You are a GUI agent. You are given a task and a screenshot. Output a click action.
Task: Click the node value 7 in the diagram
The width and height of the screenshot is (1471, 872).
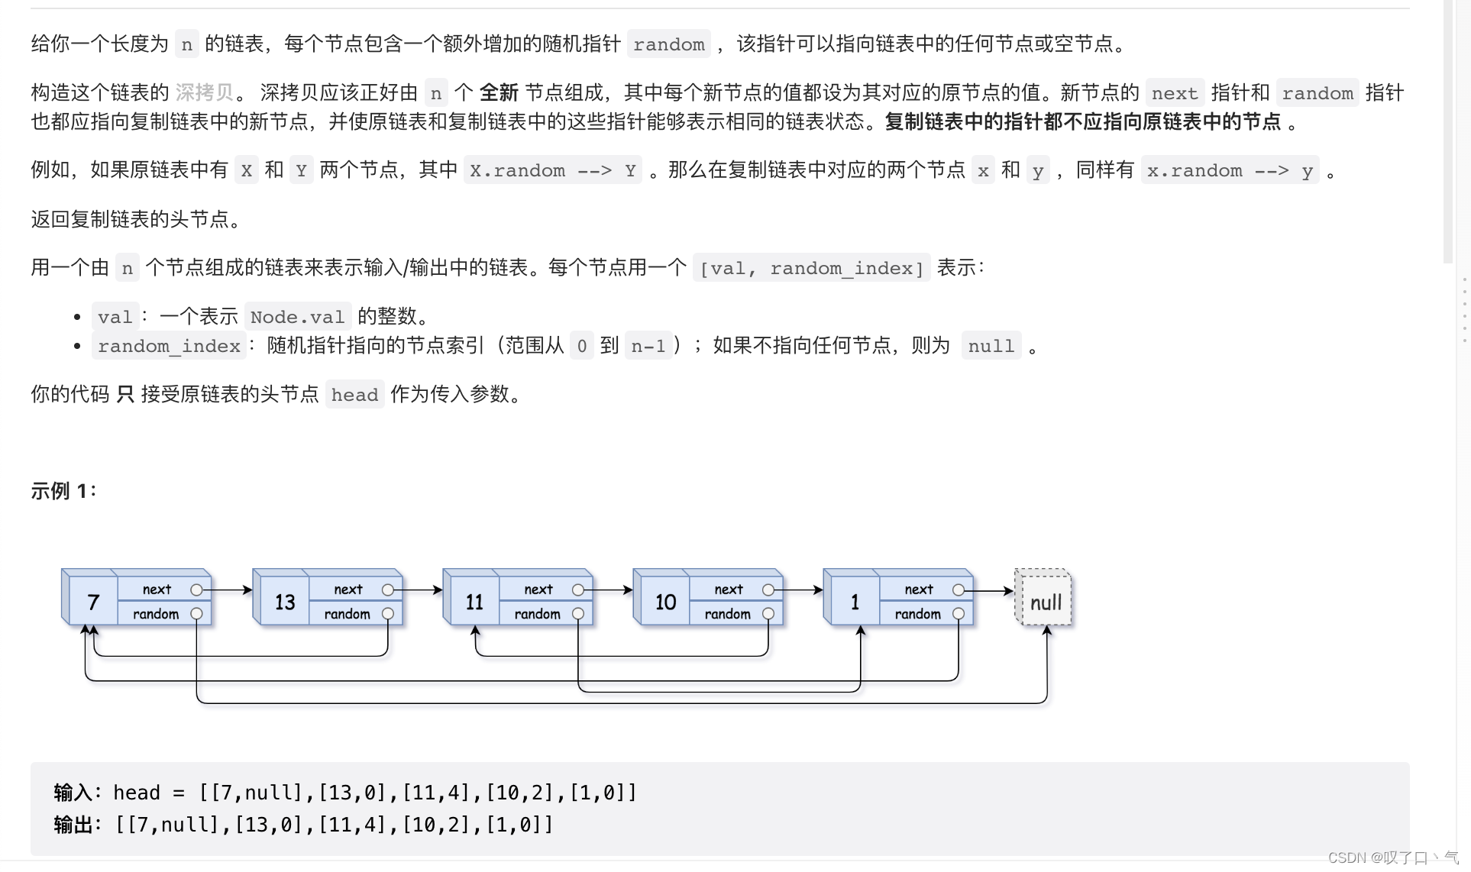coord(93,602)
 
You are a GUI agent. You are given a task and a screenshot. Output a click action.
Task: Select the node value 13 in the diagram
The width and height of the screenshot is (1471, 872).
coord(285,602)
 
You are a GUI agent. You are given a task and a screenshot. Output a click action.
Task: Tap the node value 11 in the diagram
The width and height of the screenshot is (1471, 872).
coord(474,602)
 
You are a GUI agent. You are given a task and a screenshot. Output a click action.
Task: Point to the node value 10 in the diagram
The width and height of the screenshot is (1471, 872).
coord(665,602)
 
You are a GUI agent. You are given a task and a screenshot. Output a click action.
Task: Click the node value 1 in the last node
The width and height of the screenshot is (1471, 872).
coord(855,602)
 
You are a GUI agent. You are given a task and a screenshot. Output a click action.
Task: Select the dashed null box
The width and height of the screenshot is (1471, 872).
coord(1044,599)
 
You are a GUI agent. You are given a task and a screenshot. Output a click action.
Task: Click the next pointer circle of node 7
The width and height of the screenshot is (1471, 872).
coord(197,589)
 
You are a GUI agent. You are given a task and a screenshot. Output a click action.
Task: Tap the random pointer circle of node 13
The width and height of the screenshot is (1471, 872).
coord(388,614)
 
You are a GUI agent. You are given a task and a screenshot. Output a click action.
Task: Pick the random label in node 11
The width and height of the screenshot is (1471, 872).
coord(537,614)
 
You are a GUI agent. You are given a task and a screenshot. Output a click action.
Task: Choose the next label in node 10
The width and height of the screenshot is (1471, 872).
coord(729,589)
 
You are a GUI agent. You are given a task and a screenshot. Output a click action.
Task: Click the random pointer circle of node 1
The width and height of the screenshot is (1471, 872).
coord(959,614)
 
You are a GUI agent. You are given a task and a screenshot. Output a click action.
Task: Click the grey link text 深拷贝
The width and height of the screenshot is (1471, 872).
coord(204,93)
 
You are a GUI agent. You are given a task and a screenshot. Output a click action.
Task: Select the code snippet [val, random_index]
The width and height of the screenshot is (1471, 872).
coord(811,268)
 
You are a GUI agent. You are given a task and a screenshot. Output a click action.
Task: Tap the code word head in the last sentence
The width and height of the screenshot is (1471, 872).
coord(354,395)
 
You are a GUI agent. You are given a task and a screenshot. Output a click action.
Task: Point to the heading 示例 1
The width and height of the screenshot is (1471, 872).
coord(63,491)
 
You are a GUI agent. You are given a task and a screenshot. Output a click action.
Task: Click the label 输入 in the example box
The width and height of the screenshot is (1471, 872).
coord(73,793)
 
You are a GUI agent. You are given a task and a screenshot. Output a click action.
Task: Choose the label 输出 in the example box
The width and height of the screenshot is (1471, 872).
coord(73,825)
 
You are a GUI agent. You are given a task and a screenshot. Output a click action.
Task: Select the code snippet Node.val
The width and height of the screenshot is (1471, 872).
coord(297,317)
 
